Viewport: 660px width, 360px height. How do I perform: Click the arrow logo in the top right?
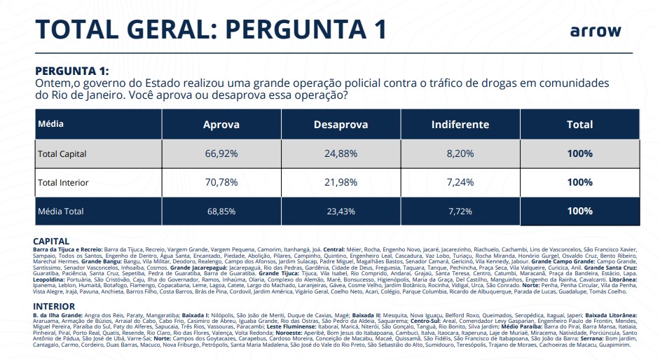point(595,32)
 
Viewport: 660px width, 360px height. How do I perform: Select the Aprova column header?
point(221,125)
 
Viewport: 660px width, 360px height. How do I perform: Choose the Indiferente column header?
point(460,125)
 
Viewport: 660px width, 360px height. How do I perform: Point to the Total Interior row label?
point(63,182)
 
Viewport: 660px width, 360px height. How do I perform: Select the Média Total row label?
point(60,210)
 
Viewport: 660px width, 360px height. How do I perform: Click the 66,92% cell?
point(221,153)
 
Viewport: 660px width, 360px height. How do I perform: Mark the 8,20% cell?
point(460,153)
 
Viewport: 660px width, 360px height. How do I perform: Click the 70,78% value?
point(221,183)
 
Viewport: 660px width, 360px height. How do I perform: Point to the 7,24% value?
point(460,183)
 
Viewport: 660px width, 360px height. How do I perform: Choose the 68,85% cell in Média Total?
point(221,211)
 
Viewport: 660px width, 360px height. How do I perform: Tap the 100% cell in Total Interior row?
point(579,183)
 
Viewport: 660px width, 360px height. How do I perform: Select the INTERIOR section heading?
point(55,306)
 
